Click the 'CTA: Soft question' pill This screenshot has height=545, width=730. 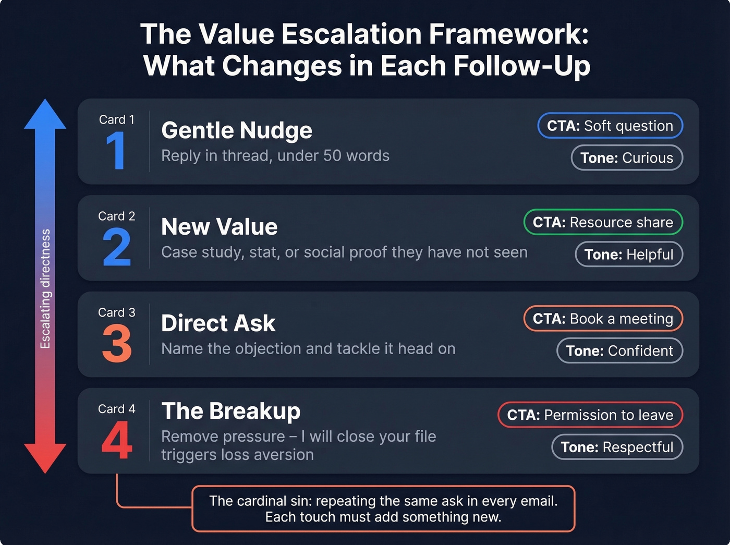[x=610, y=126]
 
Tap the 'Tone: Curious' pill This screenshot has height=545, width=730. [x=627, y=158]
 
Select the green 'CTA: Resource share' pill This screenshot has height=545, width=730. [x=603, y=222]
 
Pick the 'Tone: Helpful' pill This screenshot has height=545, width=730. [x=629, y=255]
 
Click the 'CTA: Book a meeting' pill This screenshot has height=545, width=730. [x=603, y=319]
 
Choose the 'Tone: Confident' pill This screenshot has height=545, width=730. [x=619, y=351]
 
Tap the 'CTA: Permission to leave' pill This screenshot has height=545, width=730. [x=590, y=415]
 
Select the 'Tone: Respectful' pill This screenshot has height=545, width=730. [x=617, y=447]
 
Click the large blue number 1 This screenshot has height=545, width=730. [x=116, y=150]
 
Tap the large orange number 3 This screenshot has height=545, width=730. [x=117, y=344]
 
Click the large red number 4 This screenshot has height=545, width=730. [x=117, y=440]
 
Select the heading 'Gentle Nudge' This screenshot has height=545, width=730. [x=237, y=130]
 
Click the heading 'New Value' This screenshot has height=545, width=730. [x=220, y=227]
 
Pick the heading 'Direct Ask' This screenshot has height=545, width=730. [x=218, y=323]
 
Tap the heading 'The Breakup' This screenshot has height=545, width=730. [x=231, y=411]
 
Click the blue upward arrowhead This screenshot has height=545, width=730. [x=45, y=115]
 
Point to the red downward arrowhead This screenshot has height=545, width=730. [x=45, y=457]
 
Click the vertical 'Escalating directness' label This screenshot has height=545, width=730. [x=45, y=288]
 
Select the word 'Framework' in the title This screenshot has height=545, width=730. [x=508, y=34]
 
